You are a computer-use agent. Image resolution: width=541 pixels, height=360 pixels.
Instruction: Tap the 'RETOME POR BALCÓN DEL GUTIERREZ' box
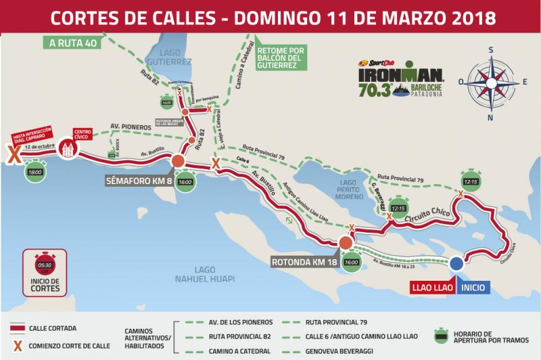282,58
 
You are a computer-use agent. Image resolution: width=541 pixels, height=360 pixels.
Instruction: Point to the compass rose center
493,81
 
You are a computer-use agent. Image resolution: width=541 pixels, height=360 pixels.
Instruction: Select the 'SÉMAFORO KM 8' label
138,181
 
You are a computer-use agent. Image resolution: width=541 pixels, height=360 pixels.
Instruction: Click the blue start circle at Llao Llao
456,264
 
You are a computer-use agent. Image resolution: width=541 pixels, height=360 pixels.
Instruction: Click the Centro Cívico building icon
67,150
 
